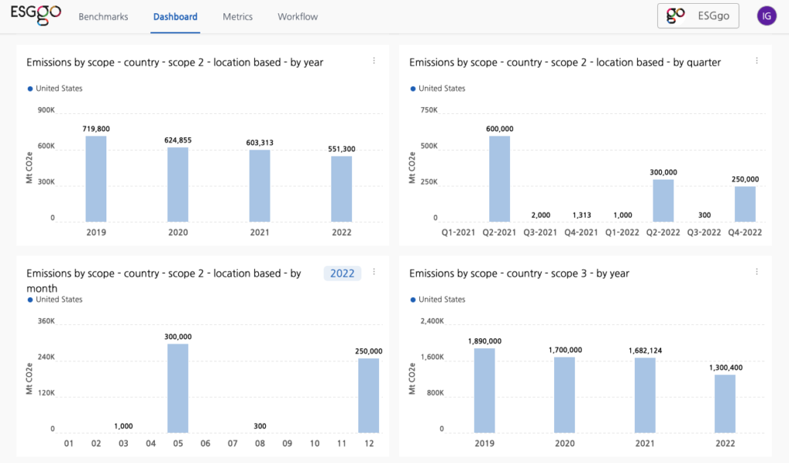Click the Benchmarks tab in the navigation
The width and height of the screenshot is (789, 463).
(x=103, y=16)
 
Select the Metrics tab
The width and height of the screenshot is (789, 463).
(x=237, y=16)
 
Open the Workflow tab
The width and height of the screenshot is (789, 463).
(x=297, y=16)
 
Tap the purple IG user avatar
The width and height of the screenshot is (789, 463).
(x=766, y=15)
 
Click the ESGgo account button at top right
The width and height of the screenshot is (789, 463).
(x=698, y=15)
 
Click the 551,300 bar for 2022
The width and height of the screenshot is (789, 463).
(x=341, y=189)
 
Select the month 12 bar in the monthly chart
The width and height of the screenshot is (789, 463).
(x=369, y=394)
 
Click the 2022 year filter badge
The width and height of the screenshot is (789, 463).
(x=342, y=273)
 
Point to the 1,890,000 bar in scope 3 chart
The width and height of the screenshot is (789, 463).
(x=484, y=389)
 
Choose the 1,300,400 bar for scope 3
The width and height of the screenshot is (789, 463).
(x=725, y=402)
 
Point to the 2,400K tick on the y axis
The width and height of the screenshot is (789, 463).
(x=431, y=321)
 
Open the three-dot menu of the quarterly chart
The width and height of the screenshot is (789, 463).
(x=757, y=61)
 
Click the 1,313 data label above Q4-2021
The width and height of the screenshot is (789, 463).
(x=581, y=215)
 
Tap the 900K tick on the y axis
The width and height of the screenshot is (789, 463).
(x=46, y=110)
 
